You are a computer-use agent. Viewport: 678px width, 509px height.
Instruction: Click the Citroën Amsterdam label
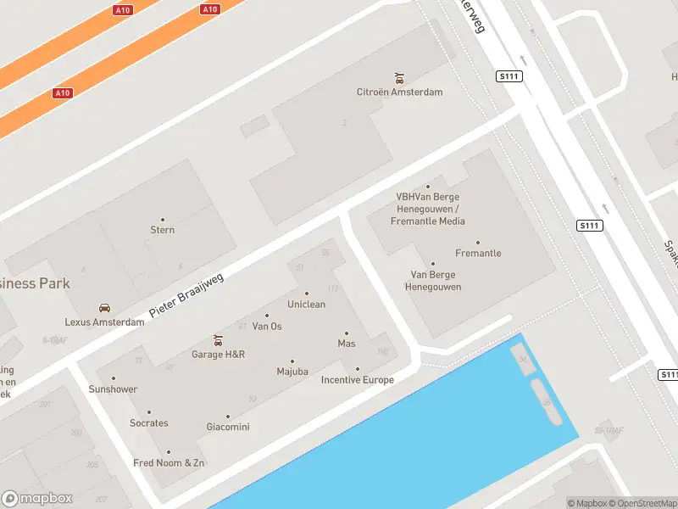399,92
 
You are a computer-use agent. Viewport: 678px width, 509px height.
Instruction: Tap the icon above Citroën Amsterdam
400,78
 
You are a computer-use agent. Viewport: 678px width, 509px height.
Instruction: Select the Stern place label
162,230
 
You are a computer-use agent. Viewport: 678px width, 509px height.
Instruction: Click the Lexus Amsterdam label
104,322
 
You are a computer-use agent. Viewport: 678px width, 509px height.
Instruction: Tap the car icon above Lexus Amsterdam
104,308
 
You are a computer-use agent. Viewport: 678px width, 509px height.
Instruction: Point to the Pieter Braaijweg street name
186,296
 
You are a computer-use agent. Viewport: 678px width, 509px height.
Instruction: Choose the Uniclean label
306,305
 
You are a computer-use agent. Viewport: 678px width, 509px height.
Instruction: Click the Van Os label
267,327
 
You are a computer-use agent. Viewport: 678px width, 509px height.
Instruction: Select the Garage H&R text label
218,355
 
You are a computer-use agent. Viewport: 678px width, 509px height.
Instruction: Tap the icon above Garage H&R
218,340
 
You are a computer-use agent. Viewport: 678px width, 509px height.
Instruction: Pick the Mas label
347,344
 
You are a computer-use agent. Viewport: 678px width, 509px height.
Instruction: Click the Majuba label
292,372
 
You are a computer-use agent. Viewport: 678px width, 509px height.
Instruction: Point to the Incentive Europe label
357,380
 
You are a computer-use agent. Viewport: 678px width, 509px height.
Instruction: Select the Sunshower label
113,389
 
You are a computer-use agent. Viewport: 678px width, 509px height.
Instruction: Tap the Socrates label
149,423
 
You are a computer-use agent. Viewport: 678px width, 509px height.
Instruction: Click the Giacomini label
227,428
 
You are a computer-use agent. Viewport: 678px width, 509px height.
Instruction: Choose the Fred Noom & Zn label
169,463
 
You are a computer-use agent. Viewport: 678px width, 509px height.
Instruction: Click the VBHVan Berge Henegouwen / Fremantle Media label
428,209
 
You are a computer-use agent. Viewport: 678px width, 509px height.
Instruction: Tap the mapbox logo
37,499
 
